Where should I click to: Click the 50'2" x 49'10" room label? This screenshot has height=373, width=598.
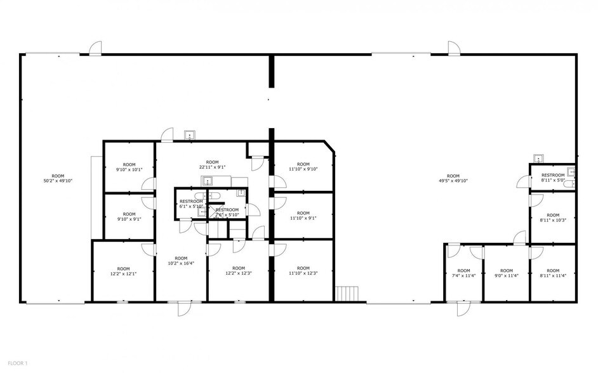coord(58,178)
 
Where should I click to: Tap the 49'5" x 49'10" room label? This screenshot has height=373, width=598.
coord(453,178)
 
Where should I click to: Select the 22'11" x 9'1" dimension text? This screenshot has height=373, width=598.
coord(212,165)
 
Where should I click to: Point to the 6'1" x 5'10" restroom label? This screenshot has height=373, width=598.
coord(191,204)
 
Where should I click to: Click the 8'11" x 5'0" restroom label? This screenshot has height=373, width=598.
coord(553,178)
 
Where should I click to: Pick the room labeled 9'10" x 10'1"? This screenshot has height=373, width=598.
coord(130,167)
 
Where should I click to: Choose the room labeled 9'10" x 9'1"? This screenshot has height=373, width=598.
coord(130,217)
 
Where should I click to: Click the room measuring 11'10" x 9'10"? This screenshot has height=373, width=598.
coord(303,167)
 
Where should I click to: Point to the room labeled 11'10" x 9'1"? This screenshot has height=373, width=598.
coord(303,216)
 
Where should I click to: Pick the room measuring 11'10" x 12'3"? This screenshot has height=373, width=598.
coord(303,271)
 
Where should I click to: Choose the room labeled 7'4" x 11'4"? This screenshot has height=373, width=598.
coord(463,273)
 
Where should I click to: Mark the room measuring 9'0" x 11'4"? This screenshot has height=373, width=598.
coord(506,273)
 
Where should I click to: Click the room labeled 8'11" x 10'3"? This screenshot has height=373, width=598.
coord(553,218)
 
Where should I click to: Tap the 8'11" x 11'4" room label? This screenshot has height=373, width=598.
coord(553,273)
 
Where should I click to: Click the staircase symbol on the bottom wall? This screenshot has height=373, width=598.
coord(347,294)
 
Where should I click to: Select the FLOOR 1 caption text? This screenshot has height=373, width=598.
coord(17,363)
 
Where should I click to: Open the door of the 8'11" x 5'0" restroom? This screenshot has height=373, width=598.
coord(523,183)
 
